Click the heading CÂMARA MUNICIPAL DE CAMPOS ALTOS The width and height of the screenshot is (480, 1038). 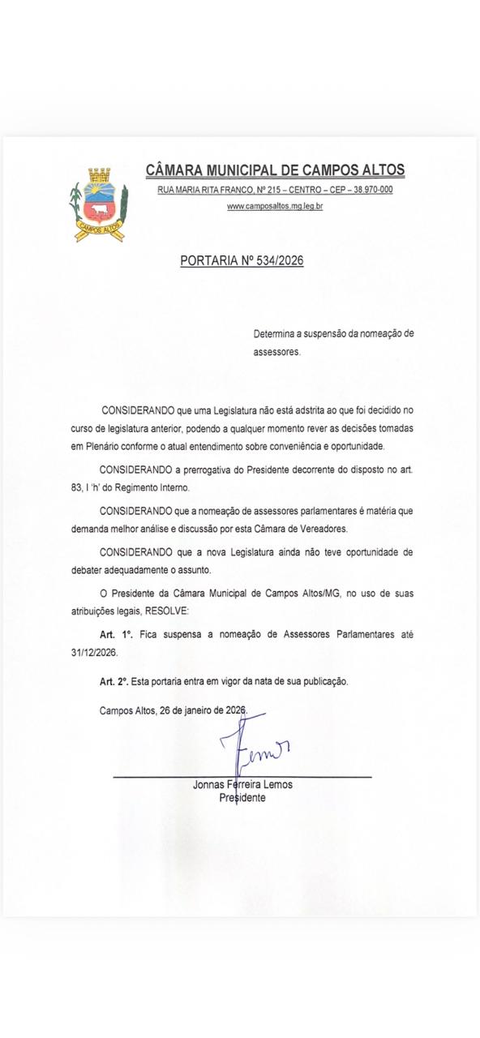point(275,170)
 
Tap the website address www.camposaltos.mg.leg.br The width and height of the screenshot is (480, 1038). point(275,207)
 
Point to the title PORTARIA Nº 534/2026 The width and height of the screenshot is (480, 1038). point(242,261)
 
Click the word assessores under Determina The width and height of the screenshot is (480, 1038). point(276,353)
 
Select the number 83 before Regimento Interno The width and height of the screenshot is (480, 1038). point(77,488)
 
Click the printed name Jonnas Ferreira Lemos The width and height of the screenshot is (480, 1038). point(242,785)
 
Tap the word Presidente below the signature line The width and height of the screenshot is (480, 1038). point(242,798)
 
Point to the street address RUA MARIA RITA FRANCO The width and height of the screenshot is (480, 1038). point(204,190)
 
